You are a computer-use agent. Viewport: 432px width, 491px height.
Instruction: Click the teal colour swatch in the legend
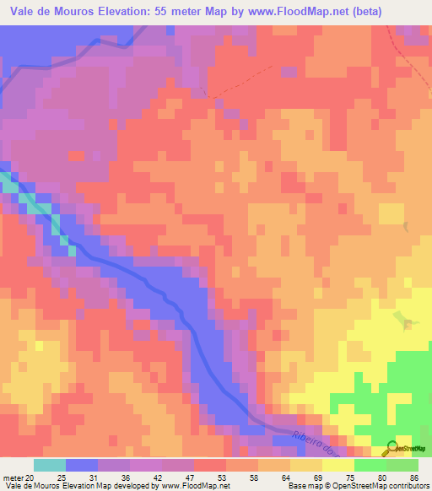point(50,465)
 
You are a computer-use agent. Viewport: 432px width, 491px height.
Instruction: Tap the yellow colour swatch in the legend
point(338,465)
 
